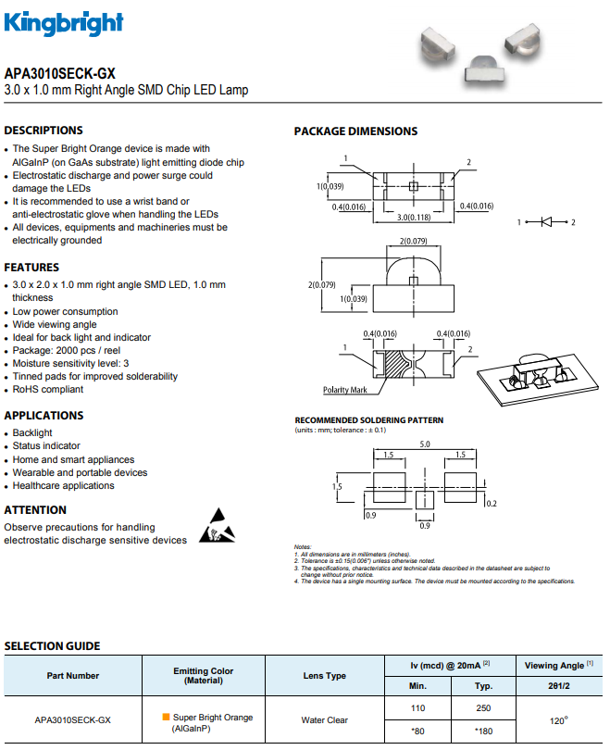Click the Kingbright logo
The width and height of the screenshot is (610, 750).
pyautogui.click(x=64, y=23)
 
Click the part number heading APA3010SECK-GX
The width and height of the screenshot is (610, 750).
pyautogui.click(x=60, y=74)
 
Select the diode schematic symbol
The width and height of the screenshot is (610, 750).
pyautogui.click(x=546, y=222)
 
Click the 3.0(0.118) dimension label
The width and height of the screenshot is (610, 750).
pyautogui.click(x=414, y=218)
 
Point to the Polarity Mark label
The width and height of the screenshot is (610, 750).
pyautogui.click(x=344, y=390)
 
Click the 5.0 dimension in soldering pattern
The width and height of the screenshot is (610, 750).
pyautogui.click(x=425, y=444)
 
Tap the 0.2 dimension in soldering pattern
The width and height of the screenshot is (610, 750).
pyautogui.click(x=492, y=503)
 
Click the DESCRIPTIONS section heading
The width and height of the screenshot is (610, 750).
pyautogui.click(x=44, y=131)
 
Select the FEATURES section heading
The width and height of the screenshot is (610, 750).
pyautogui.click(x=31, y=267)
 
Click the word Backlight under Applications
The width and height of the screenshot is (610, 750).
pyautogui.click(x=32, y=432)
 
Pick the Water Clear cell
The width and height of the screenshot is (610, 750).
pyautogui.click(x=325, y=719)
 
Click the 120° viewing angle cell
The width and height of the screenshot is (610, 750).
pyautogui.click(x=558, y=720)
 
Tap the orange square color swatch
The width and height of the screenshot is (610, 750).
pyautogui.click(x=166, y=717)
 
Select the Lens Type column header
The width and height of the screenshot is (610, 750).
pyautogui.click(x=325, y=675)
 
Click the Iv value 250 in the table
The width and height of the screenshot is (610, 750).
pyautogui.click(x=483, y=708)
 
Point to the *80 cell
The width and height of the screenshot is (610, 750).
pyautogui.click(x=417, y=731)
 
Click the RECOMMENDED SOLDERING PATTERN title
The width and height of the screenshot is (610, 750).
pyautogui.click(x=369, y=420)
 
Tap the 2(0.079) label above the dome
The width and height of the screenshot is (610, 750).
pyautogui.click(x=414, y=241)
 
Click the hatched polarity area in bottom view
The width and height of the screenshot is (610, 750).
pyautogui.click(x=395, y=365)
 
